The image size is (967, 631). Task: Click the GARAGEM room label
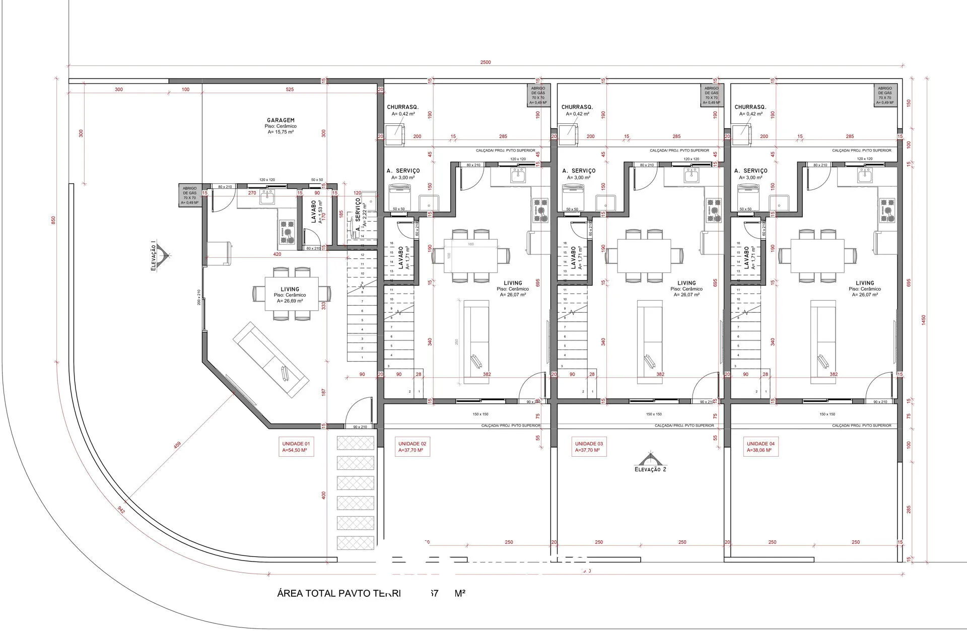tap(281, 120)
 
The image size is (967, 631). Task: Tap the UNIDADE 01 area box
tap(296, 447)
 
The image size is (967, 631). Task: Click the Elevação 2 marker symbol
tap(649, 459)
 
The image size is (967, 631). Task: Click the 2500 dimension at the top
tap(485, 62)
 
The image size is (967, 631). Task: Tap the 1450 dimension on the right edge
tap(923, 320)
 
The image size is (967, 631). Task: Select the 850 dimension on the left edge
tap(54, 221)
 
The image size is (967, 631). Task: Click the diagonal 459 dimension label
tap(177, 445)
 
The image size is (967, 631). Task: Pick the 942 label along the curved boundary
tap(121, 509)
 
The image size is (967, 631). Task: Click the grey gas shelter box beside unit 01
tap(190, 195)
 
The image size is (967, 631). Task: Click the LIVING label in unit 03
tap(686, 283)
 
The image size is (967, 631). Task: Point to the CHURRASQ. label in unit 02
tap(402, 107)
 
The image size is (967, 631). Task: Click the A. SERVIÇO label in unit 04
tap(751, 171)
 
